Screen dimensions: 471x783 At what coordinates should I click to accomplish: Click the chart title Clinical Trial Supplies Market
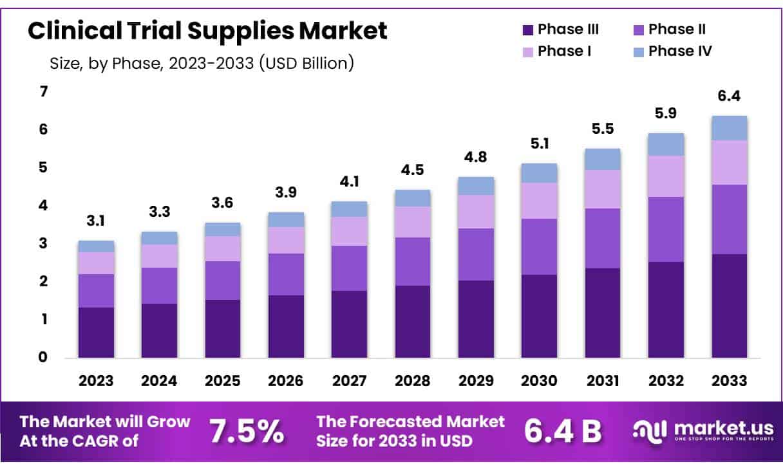click(207, 31)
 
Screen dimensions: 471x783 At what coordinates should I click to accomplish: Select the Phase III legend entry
click(560, 30)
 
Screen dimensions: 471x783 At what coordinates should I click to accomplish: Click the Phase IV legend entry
click(672, 51)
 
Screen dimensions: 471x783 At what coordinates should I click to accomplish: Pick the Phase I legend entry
click(556, 51)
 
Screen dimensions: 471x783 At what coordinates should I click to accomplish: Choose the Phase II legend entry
click(670, 30)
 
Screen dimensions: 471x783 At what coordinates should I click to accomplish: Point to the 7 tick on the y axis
click(44, 92)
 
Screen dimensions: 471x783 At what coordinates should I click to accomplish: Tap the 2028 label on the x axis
click(412, 381)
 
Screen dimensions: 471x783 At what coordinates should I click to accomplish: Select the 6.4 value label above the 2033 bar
click(729, 97)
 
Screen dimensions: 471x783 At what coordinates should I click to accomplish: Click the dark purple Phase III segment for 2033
click(729, 306)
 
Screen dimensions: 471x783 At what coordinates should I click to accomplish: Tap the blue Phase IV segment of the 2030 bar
click(539, 173)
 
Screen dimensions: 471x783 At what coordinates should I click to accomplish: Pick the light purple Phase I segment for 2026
click(286, 240)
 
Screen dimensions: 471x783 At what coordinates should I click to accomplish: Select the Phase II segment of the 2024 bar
click(159, 285)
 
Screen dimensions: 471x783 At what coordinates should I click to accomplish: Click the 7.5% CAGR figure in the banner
click(247, 432)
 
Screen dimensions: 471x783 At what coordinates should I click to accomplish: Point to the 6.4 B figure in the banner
click(562, 432)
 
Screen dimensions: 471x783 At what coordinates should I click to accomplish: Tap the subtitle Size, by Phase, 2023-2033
click(202, 64)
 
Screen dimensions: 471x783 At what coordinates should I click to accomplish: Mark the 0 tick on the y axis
click(44, 357)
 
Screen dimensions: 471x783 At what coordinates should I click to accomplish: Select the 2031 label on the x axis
click(602, 381)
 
